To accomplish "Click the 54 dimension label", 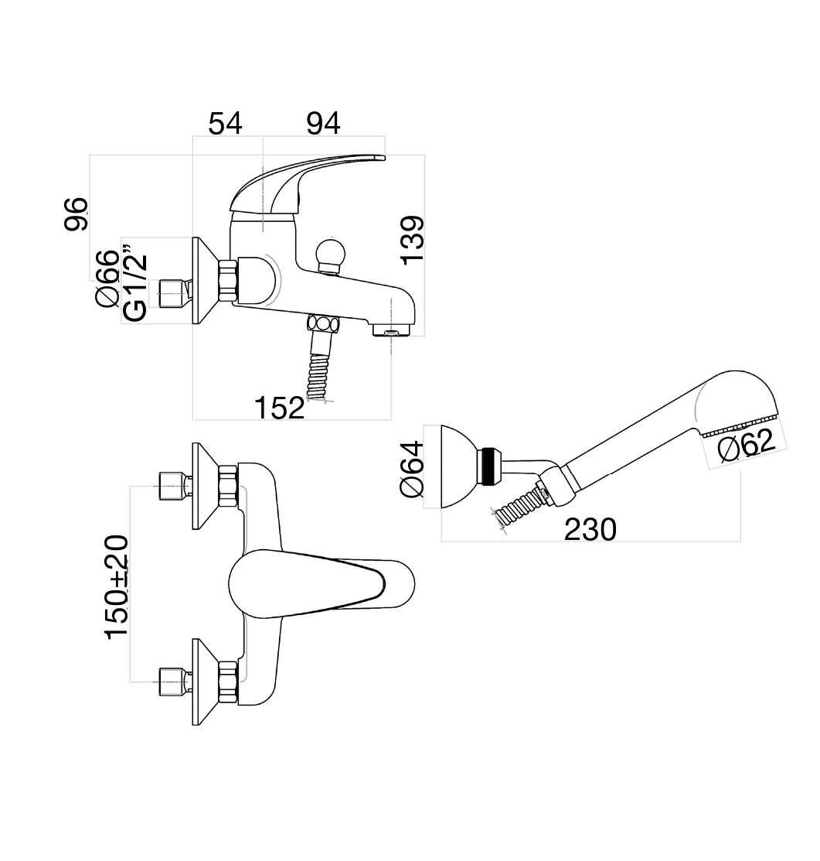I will coord(225,123).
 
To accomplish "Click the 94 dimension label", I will coord(323,123).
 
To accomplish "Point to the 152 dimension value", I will coord(280,407).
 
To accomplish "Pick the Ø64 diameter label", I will coord(412,469).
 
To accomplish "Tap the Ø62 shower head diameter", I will coord(746,446).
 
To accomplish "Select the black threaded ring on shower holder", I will coord(488,466).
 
